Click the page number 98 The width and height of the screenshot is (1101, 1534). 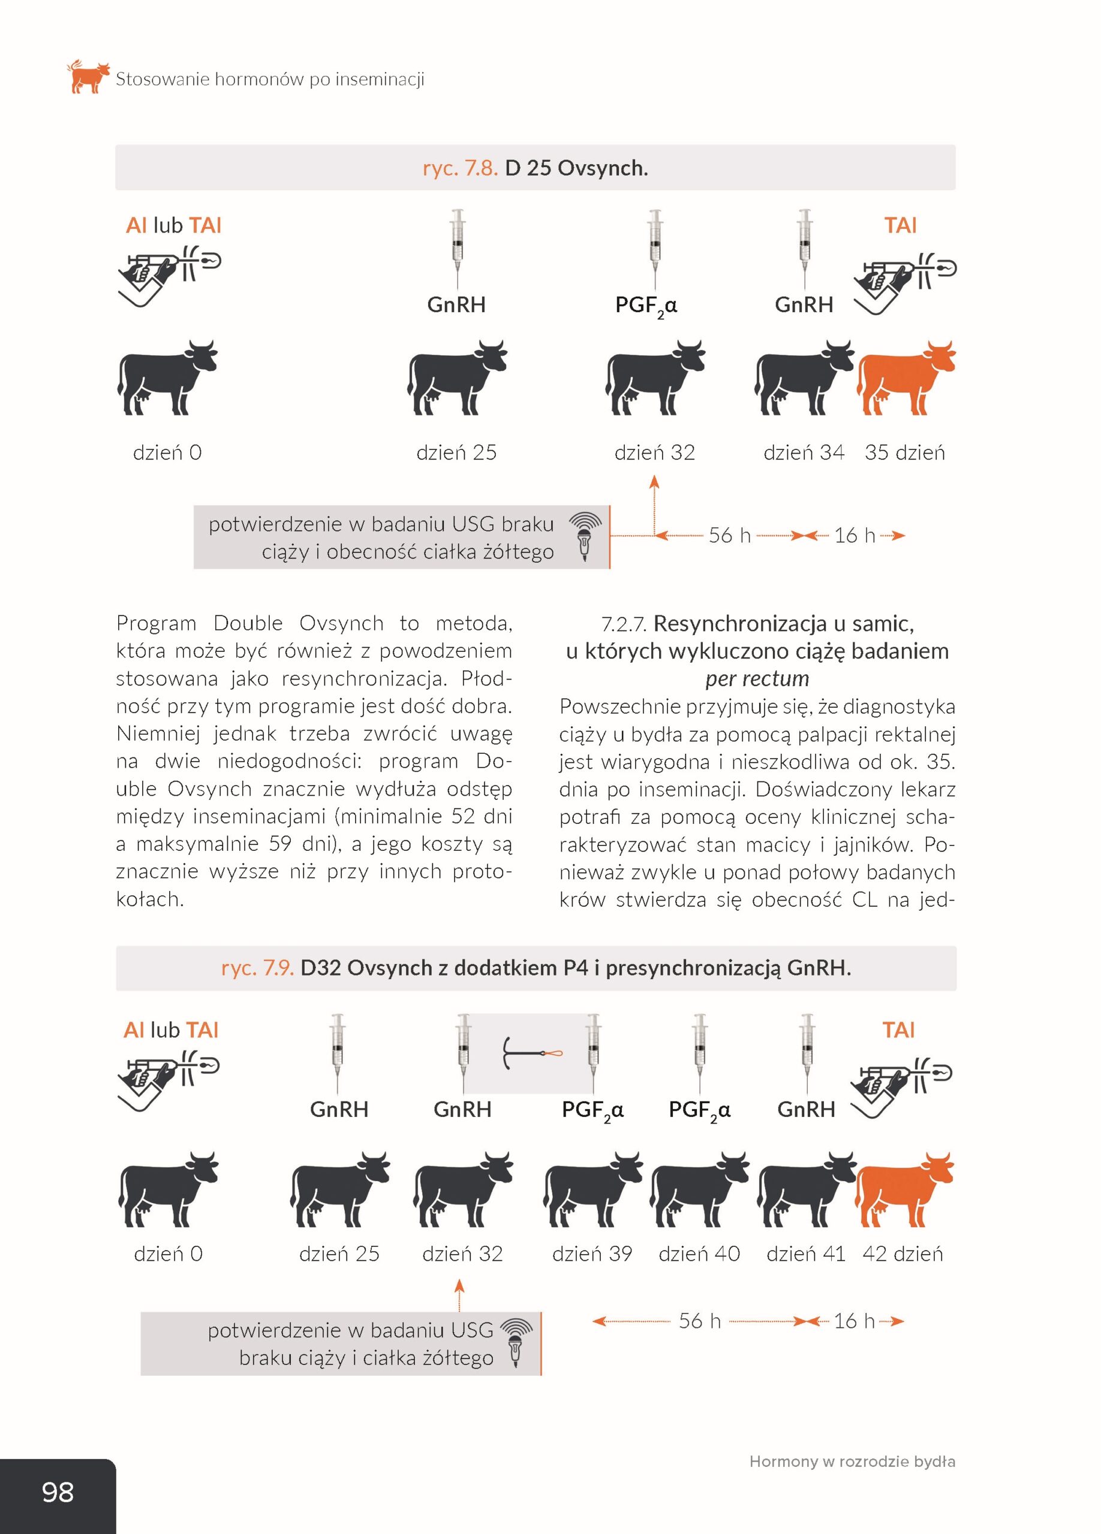point(58,1491)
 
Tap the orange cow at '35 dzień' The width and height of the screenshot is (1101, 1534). point(906,378)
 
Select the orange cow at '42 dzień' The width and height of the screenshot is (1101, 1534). point(905,1189)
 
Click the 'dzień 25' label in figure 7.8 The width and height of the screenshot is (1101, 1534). point(456,452)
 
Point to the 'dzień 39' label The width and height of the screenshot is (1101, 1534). point(592,1254)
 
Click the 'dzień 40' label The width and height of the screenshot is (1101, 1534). point(699,1254)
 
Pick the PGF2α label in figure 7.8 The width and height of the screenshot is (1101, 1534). point(646,306)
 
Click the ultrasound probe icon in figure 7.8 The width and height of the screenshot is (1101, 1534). point(585,537)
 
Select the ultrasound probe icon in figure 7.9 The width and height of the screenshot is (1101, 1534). point(516,1343)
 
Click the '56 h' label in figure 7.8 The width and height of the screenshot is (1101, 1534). point(729,536)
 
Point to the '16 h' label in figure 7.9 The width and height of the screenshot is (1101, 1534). point(854,1320)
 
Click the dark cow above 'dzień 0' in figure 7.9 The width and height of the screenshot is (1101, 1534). point(169,1189)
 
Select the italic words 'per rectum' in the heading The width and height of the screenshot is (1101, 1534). point(757,678)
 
